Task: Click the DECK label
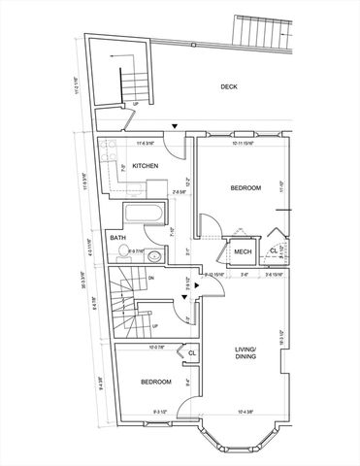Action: pos(229,86)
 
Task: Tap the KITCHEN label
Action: pos(146,166)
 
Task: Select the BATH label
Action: pos(117,238)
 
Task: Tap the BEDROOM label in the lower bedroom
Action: pos(156,383)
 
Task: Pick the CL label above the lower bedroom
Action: pos(191,352)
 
